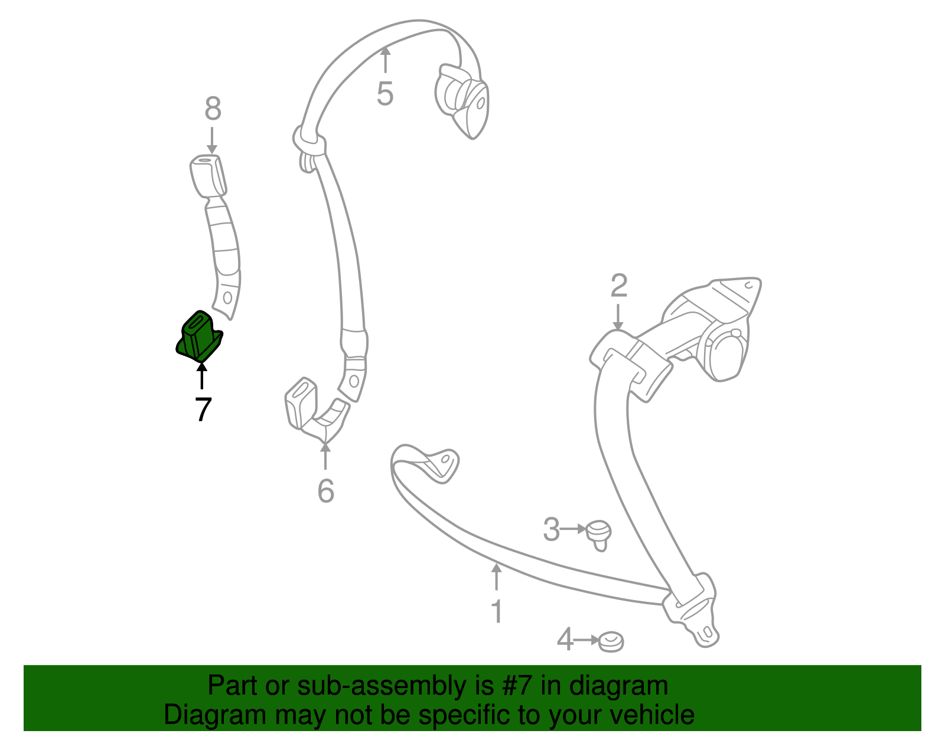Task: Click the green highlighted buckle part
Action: [199, 337]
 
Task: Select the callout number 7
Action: [203, 409]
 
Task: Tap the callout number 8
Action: [213, 109]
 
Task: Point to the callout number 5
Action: [385, 93]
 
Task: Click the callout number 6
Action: [325, 491]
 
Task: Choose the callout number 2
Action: [619, 286]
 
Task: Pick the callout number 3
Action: [551, 529]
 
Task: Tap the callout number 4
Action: [565, 639]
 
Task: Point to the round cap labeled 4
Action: [611, 641]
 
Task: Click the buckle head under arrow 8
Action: [208, 175]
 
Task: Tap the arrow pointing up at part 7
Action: [201, 376]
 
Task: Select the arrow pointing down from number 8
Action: [212, 140]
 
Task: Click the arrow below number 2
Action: [618, 317]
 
